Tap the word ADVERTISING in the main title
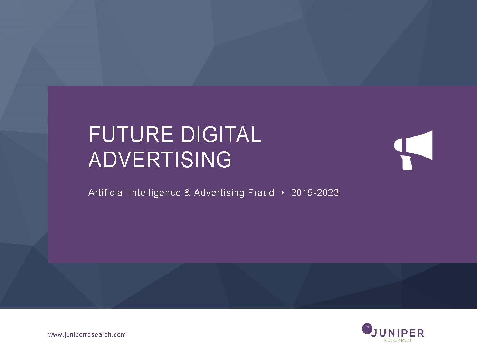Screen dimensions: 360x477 160,159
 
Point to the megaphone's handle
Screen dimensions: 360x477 407,163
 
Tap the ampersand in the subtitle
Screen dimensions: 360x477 188,193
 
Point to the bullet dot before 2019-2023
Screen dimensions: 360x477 283,193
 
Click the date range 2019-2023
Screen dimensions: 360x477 315,193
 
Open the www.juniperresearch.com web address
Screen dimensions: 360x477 87,335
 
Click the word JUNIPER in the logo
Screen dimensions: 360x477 397,333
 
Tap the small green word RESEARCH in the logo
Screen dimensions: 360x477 398,340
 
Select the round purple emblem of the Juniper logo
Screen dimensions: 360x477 367,328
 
